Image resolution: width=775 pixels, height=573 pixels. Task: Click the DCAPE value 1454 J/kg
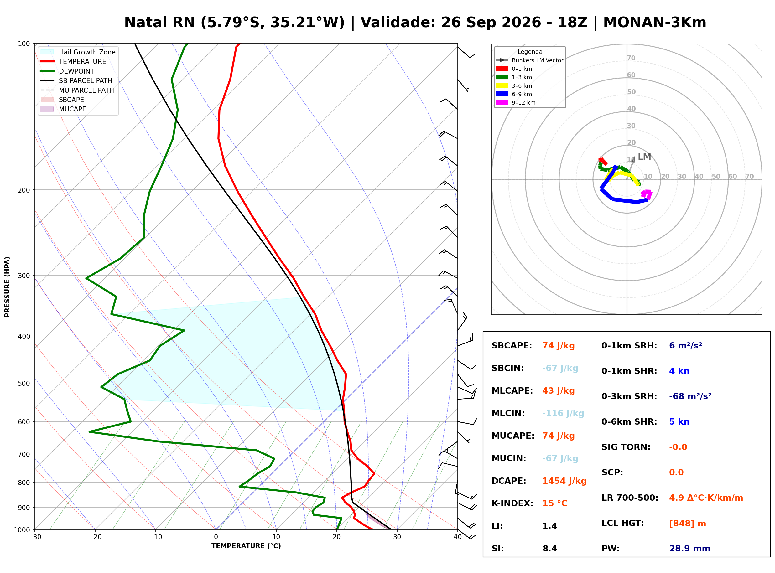pyautogui.click(x=564, y=481)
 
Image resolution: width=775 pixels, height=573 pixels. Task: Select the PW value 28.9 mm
pyautogui.click(x=690, y=549)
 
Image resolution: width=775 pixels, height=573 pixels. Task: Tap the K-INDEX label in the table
pyautogui.click(x=512, y=503)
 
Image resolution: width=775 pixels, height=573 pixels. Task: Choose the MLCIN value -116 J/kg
pyautogui.click(x=563, y=413)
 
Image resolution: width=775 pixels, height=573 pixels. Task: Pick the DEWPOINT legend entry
pyautogui.click(x=76, y=71)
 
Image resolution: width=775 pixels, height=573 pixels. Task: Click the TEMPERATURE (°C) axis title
pyautogui.click(x=246, y=546)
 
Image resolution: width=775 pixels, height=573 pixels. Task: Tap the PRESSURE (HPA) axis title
pyautogui.click(x=7, y=287)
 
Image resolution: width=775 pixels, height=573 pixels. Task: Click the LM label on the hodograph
pyautogui.click(x=645, y=157)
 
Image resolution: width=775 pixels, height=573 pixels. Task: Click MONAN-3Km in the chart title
pyautogui.click(x=655, y=23)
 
